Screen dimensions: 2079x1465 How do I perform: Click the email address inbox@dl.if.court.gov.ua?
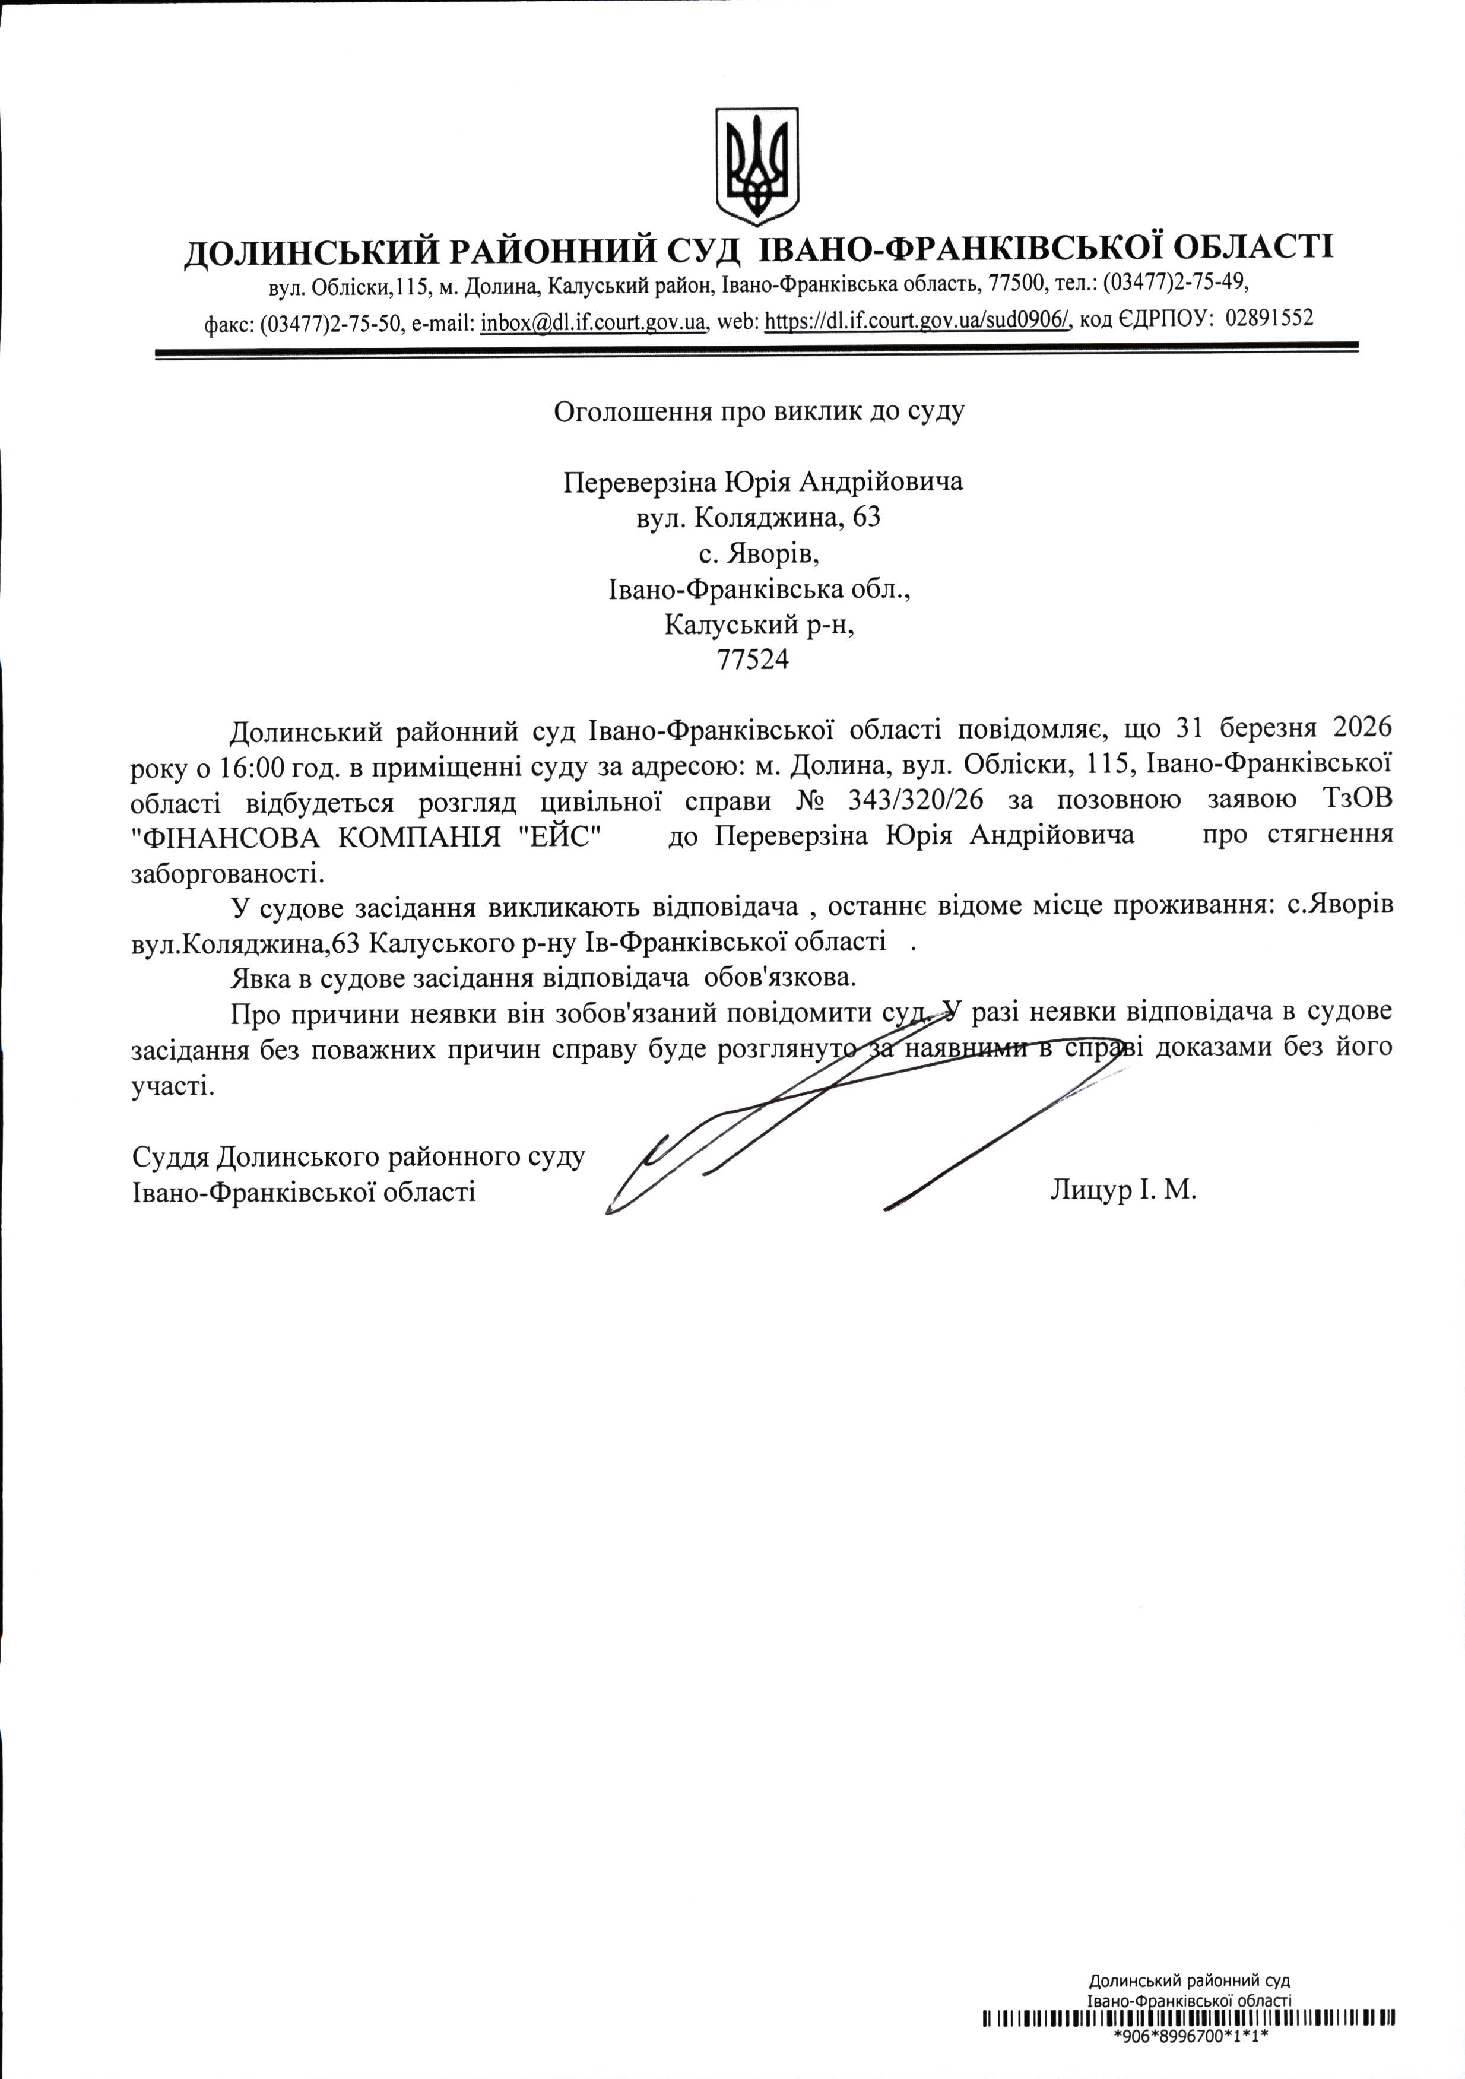[x=592, y=321]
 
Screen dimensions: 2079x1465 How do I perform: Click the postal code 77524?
[x=753, y=660]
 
